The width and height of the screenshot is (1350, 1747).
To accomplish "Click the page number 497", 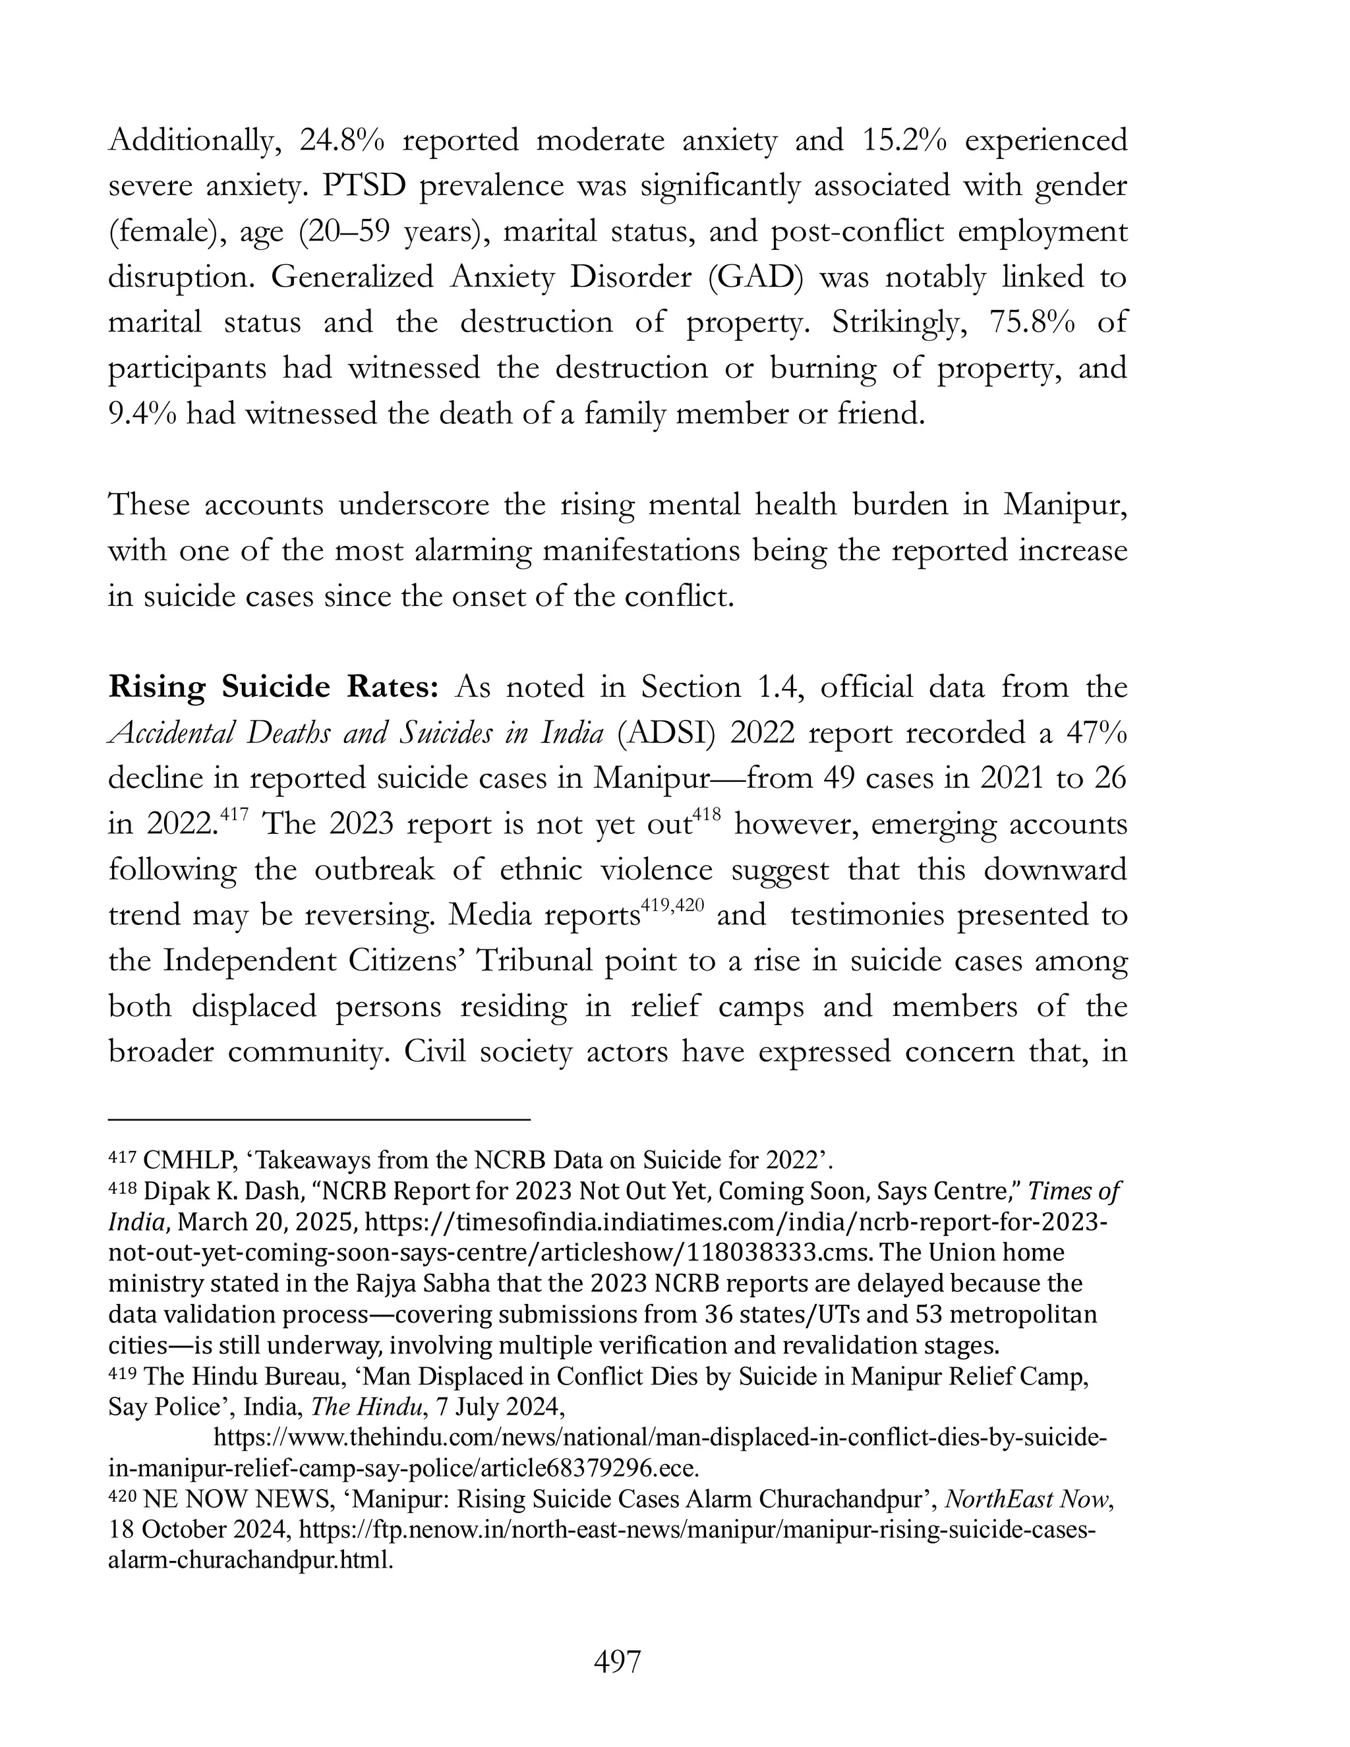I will coord(618,1661).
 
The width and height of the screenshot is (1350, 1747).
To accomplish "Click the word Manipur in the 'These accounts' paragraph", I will coord(1065,506).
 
